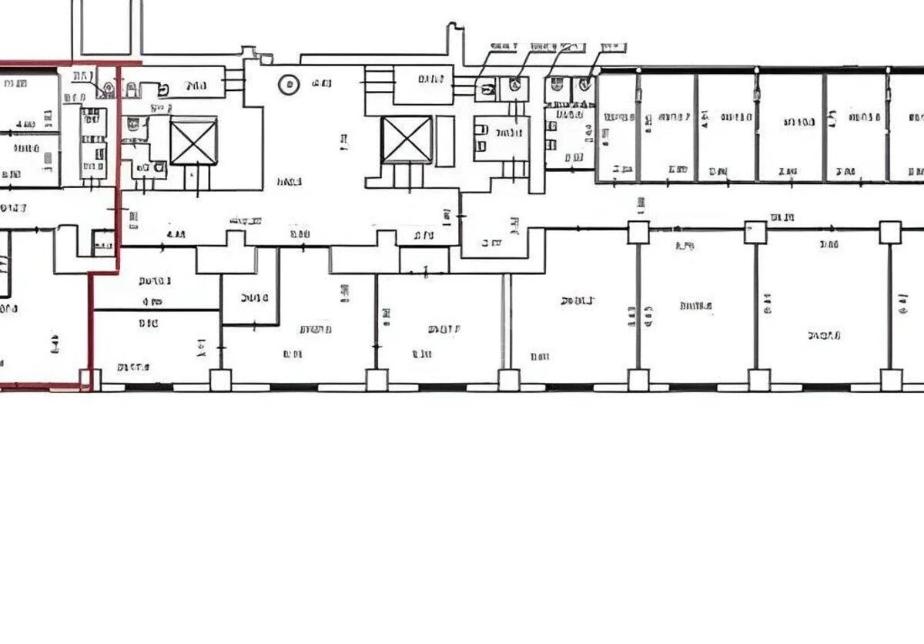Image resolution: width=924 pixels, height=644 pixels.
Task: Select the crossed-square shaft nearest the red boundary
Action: coord(193,141)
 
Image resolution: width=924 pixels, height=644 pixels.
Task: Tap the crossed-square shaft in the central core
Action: coord(406,139)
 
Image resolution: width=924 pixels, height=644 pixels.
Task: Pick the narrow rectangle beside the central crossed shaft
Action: coord(445,139)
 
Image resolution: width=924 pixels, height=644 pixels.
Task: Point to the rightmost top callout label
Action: coord(613,46)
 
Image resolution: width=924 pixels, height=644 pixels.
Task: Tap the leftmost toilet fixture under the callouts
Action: coord(487,89)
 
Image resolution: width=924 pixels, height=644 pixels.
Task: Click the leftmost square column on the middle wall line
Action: coord(638,232)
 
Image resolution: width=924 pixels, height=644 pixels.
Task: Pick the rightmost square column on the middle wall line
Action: coord(890,232)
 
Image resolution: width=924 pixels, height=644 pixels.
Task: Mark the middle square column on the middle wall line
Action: coord(755,232)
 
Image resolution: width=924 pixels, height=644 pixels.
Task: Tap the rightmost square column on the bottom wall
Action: coord(891,380)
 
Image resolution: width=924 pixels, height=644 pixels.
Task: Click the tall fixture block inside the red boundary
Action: coord(93,143)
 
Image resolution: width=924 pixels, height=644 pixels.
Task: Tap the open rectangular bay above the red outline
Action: coord(106,28)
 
